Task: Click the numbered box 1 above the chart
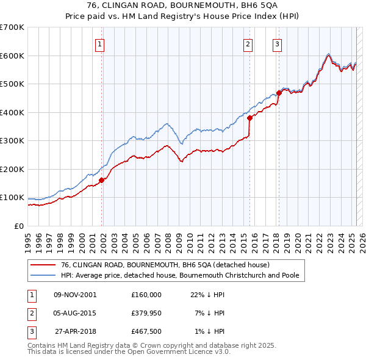99,43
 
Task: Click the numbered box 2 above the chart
248,43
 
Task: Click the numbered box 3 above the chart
277,43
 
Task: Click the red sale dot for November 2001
102,180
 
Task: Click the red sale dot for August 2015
249,118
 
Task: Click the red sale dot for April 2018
279,93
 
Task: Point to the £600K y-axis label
12,56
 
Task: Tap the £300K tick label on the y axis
12,140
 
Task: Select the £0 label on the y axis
18,226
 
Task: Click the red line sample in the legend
42,265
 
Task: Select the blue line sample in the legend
42,275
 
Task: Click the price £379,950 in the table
146,313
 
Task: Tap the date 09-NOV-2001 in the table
75,295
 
